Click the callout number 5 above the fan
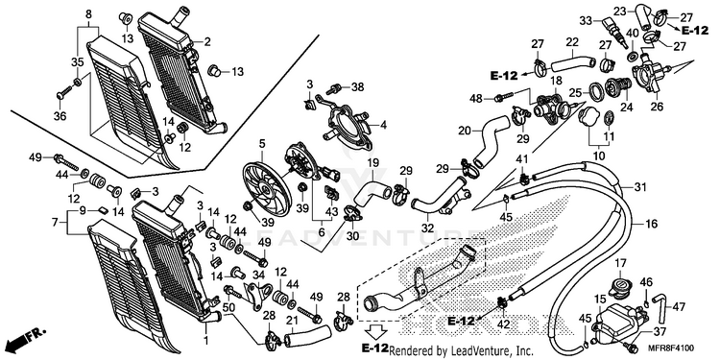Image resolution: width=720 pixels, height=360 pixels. (x=262, y=144)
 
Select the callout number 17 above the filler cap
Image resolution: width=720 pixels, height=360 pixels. (x=620, y=263)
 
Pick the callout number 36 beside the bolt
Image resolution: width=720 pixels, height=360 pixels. (x=60, y=116)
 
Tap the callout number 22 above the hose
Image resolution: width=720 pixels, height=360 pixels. (x=572, y=42)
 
